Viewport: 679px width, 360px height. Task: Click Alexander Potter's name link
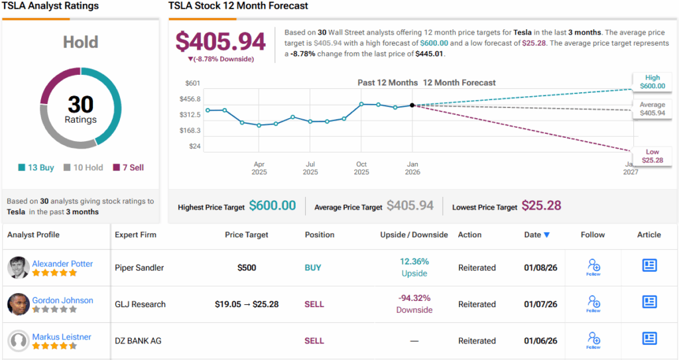(62, 263)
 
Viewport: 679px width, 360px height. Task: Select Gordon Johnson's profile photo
(18, 304)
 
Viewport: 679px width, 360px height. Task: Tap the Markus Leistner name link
(62, 337)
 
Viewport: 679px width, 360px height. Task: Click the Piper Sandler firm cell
(139, 268)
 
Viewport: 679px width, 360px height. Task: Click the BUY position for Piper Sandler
(313, 268)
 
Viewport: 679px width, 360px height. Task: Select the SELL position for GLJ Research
(314, 304)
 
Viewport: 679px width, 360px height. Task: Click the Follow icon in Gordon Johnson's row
(594, 304)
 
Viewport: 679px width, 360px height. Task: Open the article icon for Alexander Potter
(649, 265)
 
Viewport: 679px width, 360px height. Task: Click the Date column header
(536, 235)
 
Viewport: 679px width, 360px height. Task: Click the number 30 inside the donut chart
(80, 105)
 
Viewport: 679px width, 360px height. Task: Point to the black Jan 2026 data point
(412, 105)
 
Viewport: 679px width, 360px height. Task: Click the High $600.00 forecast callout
(650, 82)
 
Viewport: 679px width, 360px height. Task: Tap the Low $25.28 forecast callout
(652, 156)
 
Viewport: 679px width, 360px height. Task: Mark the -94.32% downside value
(414, 298)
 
